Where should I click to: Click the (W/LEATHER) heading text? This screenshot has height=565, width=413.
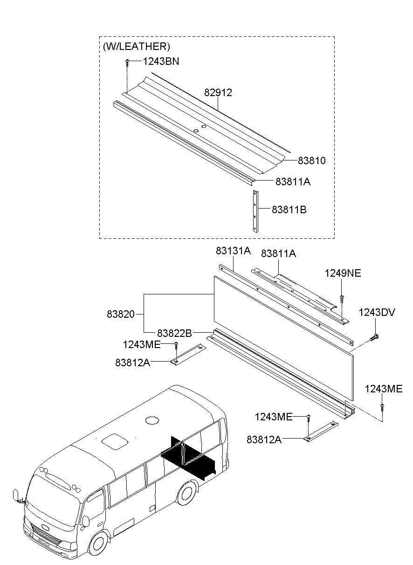(136, 46)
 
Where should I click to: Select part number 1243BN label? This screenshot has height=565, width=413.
(161, 61)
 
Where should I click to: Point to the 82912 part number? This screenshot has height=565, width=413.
(218, 92)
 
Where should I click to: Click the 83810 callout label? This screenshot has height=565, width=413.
(312, 160)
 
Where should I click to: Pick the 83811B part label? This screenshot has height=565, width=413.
(289, 209)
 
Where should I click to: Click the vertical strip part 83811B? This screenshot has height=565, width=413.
(255, 211)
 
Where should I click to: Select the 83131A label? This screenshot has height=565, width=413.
(233, 251)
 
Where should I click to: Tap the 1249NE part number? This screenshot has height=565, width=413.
(343, 273)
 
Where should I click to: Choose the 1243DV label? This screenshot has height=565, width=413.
(377, 312)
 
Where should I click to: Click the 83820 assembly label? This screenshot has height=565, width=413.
(121, 314)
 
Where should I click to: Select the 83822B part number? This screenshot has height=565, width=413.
(175, 333)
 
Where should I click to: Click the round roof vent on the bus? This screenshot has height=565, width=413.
(152, 420)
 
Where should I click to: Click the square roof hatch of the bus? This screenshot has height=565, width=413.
(115, 442)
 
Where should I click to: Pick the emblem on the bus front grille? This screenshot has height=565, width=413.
(46, 527)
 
